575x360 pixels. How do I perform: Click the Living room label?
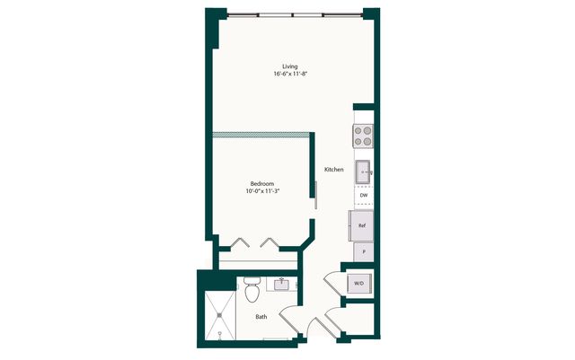coord(289,66)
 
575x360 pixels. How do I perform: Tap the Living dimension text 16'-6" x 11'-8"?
coord(289,74)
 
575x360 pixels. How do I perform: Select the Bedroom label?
coord(261,184)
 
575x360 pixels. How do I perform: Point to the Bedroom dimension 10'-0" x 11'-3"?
coord(262,191)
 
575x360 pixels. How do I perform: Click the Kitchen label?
coord(334,170)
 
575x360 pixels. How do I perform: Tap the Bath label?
coord(261,317)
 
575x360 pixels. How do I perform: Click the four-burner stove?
coord(363,136)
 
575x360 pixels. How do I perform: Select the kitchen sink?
coord(363,171)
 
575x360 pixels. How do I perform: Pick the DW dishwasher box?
coord(364,196)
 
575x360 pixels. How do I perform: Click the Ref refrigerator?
coord(361,226)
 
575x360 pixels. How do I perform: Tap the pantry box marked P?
coord(364,252)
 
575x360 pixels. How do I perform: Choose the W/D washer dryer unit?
coord(359,284)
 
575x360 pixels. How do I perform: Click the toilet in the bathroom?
coord(252,289)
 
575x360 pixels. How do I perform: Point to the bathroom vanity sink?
coord(281,285)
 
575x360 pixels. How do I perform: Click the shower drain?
coord(219,315)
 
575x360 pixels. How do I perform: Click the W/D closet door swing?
coord(333,283)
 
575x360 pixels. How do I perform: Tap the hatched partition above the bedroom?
coord(261,135)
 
